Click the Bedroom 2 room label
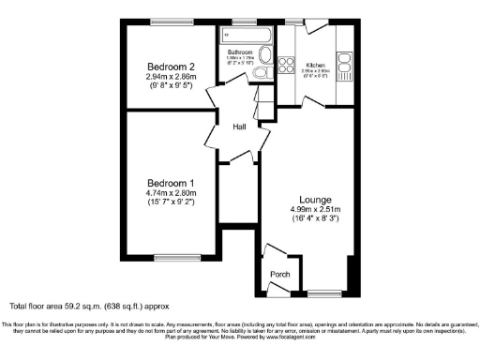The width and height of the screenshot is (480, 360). click(x=171, y=67)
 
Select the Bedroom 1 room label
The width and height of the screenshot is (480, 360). click(x=171, y=183)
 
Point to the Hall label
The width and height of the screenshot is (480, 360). click(x=240, y=128)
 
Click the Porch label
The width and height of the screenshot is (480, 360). click(x=280, y=275)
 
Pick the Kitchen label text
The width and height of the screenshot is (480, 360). click(x=317, y=66)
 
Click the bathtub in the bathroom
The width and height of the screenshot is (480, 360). click(x=246, y=37)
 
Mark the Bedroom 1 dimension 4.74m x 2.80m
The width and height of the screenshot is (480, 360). click(x=171, y=195)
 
